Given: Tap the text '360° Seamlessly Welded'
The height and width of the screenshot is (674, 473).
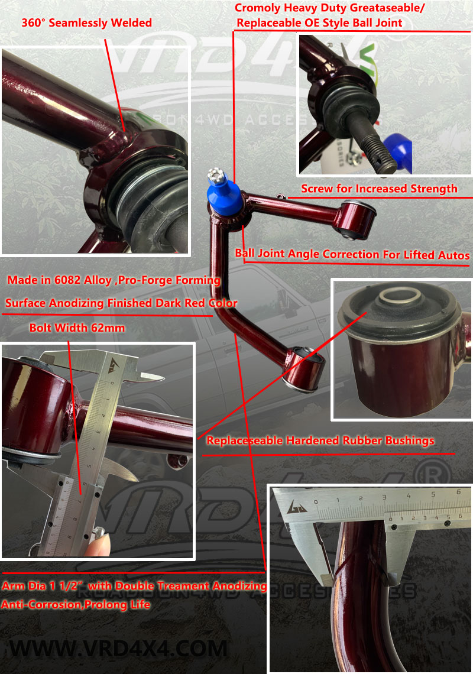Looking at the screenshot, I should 86,23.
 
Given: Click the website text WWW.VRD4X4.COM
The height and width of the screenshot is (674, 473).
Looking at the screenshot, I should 118,648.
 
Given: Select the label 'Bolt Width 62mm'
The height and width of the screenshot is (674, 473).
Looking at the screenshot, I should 77,327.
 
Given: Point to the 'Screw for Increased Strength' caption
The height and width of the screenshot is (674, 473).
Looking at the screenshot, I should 379,189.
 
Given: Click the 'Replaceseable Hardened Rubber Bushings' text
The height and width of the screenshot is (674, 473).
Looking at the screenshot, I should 320,440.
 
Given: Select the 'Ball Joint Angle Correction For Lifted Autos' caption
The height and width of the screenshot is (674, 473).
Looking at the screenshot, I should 352,254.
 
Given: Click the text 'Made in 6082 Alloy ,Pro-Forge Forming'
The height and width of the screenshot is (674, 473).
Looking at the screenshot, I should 114,280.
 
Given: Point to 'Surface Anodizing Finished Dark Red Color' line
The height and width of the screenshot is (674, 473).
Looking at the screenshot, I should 121,303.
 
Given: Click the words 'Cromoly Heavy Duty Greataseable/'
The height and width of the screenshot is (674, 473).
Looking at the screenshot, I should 330,8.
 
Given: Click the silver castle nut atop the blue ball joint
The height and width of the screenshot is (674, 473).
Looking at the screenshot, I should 215,176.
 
